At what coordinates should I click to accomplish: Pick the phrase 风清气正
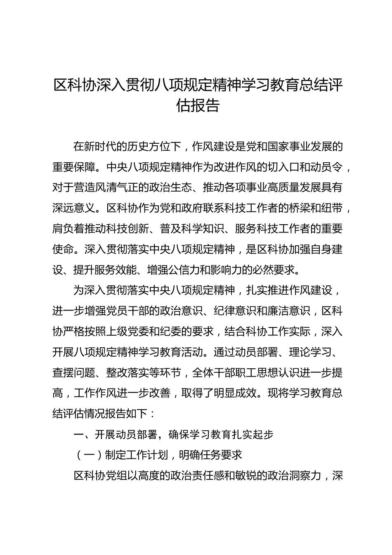pos(117,187)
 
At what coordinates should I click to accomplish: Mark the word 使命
pos(63,249)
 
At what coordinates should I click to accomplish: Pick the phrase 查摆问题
pos(74,373)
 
